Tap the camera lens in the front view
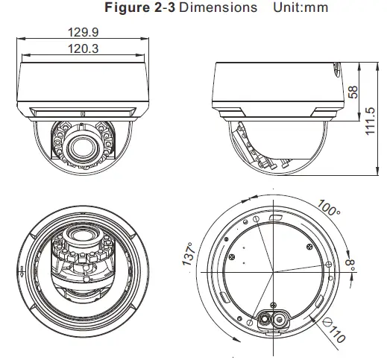(81, 148)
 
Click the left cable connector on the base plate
(265, 319)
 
